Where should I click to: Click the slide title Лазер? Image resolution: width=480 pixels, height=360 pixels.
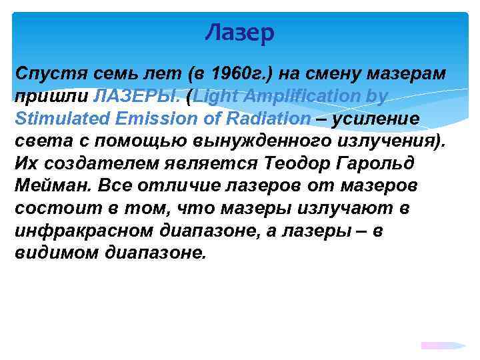239,32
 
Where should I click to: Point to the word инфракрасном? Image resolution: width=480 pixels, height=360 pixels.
85,231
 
